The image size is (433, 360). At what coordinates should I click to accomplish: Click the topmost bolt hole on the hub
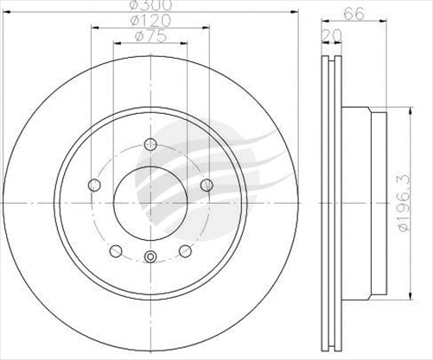pos(150,144)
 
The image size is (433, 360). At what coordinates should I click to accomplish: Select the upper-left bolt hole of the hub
pos(95,184)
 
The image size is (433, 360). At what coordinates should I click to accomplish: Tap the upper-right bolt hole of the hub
pos(206,184)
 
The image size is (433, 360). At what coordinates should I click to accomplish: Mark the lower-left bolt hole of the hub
pos(116,249)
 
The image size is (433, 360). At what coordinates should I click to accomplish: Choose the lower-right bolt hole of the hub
pos(185,249)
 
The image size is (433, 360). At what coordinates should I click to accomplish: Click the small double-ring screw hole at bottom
pos(150,256)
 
